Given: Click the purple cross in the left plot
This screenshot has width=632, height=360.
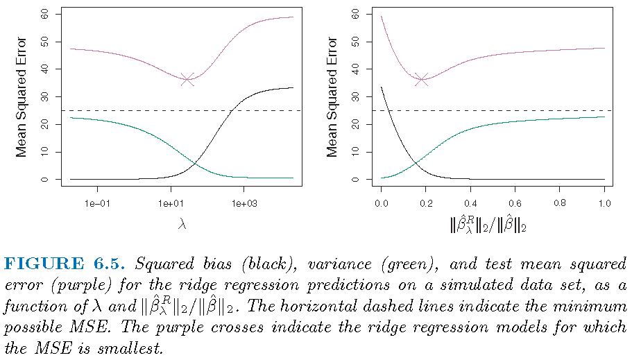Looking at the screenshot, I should point(188,80).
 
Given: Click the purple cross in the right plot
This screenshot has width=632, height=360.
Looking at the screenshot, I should point(422,80).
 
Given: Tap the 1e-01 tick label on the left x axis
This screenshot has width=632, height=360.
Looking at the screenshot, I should point(97,203).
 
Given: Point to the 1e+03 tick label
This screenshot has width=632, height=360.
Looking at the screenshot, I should point(244,203).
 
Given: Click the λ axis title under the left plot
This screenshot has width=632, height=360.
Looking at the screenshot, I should point(182,225).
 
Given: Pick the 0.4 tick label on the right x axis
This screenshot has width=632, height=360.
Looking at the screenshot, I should point(470,203).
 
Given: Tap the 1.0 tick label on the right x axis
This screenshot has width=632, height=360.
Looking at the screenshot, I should point(604,203).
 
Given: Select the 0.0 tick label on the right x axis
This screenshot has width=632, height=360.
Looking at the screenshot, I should point(382,203).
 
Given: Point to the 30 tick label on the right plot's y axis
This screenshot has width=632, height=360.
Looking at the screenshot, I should point(355,96).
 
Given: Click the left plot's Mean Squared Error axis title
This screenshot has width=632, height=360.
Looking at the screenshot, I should point(22,96).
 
